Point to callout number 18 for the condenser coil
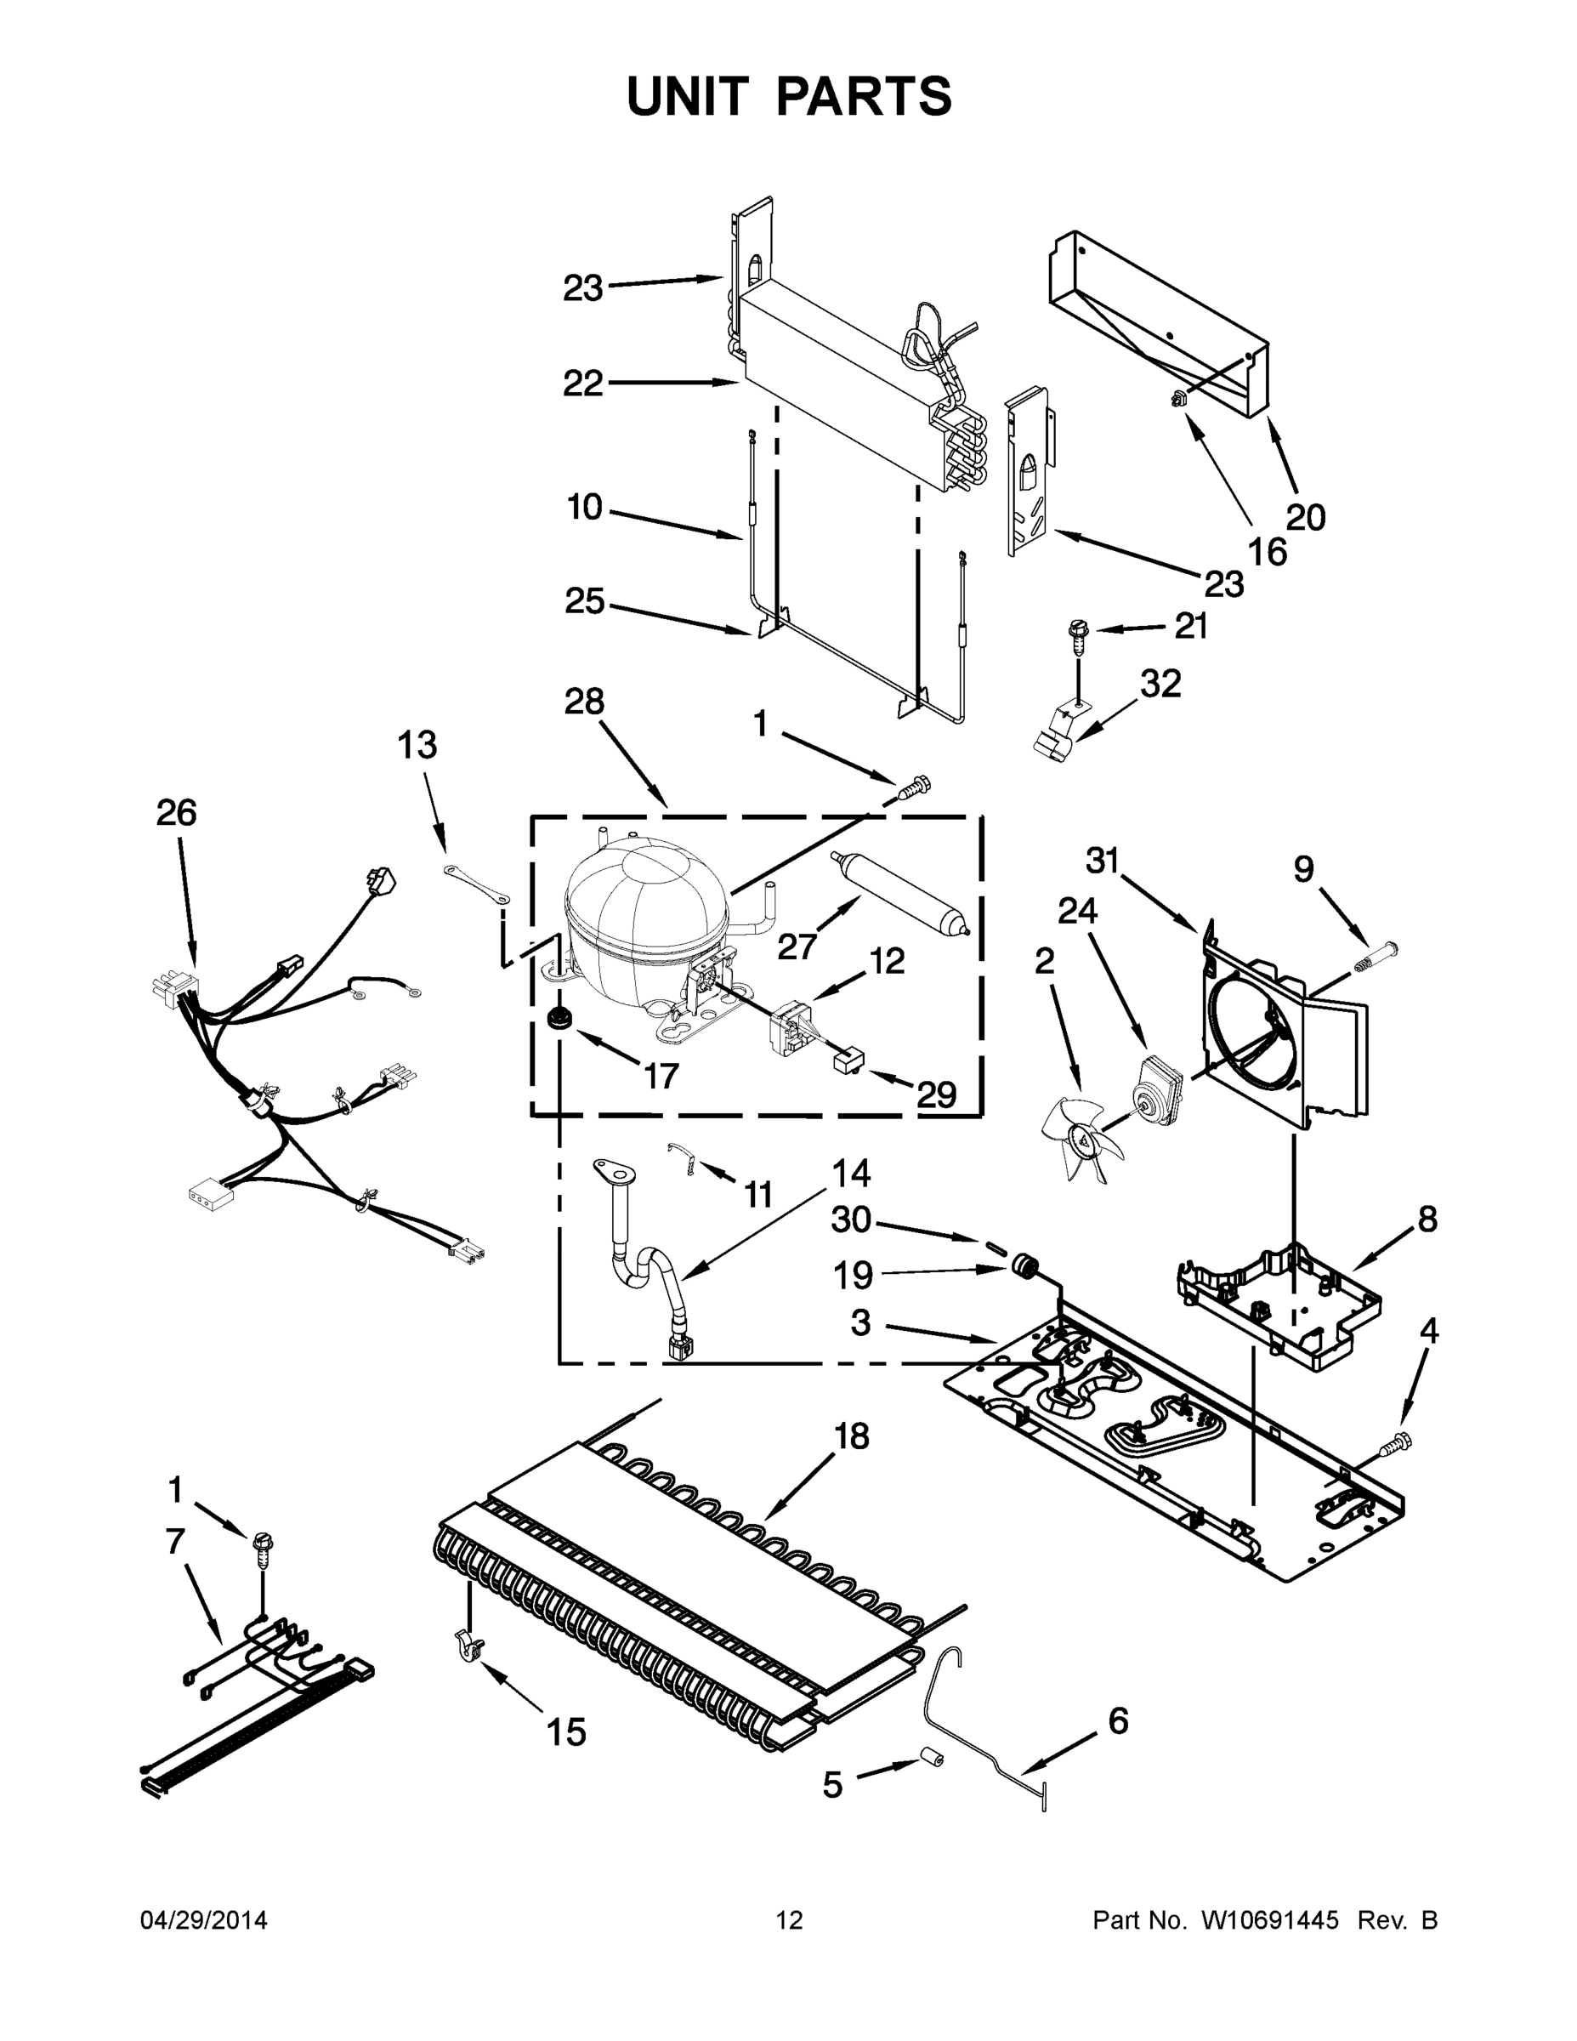point(852,1436)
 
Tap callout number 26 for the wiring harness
point(176,813)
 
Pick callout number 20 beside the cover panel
point(1306,517)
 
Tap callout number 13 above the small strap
point(417,746)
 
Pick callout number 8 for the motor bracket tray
point(1427,1219)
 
